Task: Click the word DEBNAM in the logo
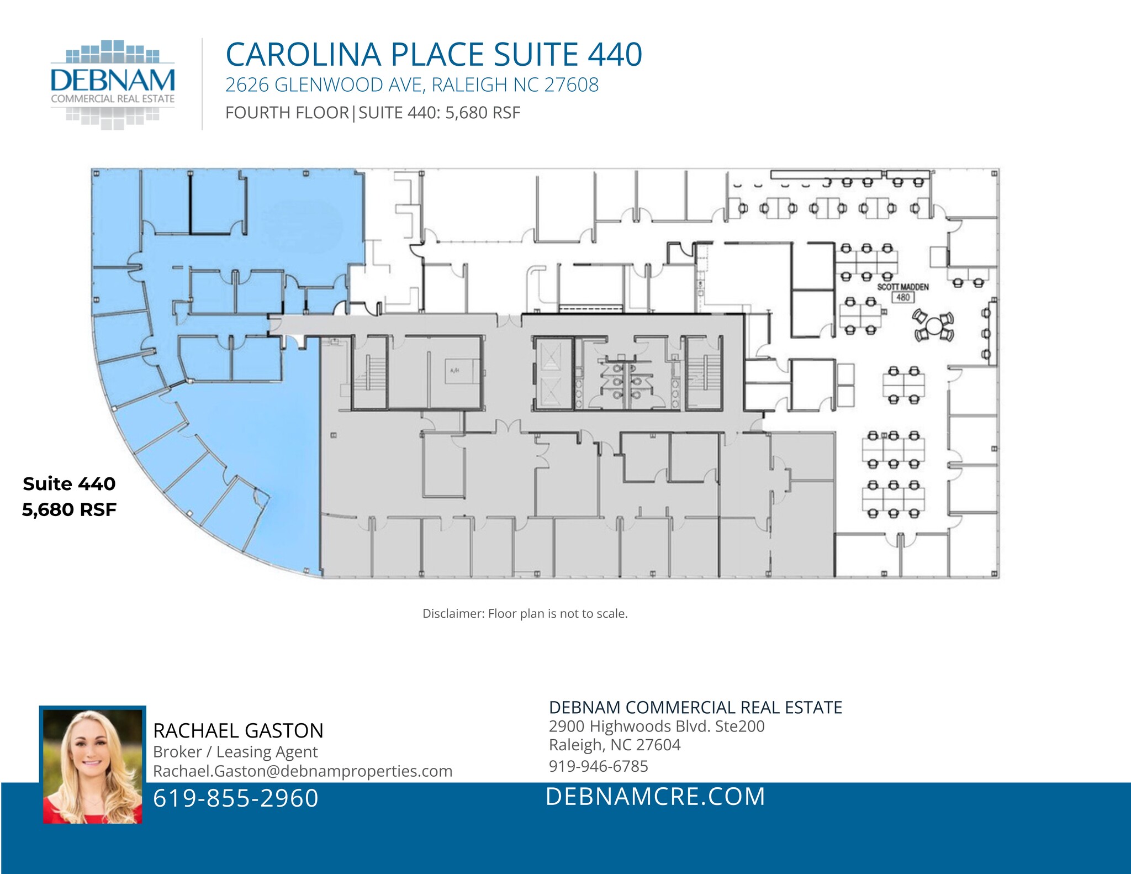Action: (113, 81)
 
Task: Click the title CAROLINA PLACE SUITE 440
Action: (434, 55)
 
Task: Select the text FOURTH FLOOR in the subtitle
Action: (287, 113)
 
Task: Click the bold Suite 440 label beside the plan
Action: (69, 484)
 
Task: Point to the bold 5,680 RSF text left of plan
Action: (69, 509)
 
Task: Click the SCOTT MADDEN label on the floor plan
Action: (902, 287)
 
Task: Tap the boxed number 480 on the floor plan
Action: (902, 297)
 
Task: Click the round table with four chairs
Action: (933, 326)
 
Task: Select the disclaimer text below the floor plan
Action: (525, 614)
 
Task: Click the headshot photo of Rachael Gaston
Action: (92, 766)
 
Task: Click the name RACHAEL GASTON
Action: (238, 731)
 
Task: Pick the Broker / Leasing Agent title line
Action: (235, 752)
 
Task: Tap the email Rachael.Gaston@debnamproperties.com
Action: (303, 771)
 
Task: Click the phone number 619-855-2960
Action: (236, 798)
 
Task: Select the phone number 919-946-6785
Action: (598, 766)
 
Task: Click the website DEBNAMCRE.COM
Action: (656, 797)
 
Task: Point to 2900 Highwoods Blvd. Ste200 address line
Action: (656, 726)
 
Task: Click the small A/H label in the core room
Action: (454, 371)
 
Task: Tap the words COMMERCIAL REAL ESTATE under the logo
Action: (113, 99)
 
